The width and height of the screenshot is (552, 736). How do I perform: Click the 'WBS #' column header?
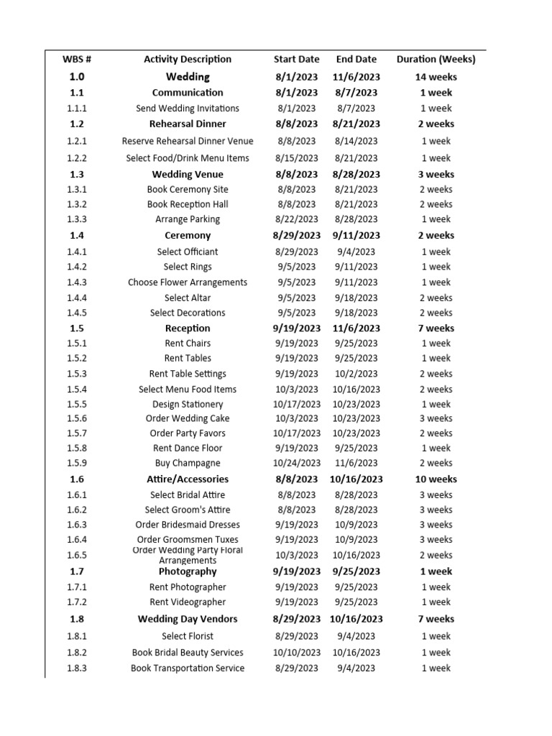pos(77,60)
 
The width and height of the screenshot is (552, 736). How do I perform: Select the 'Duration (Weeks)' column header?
pos(436,60)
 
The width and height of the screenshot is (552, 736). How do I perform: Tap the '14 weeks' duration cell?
pos(436,77)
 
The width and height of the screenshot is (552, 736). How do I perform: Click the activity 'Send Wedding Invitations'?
pos(188,109)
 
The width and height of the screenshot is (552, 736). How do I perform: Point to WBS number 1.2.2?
pos(77,158)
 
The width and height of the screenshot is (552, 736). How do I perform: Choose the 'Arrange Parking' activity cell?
pos(188,219)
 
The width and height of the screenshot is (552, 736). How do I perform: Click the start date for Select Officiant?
pos(297,252)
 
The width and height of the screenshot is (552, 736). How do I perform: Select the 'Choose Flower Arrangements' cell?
pos(188,282)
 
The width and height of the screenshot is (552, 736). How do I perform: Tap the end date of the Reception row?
pos(356,328)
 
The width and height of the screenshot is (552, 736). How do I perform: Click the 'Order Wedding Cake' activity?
pos(188,418)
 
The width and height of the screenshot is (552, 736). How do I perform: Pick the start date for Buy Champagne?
pos(297,464)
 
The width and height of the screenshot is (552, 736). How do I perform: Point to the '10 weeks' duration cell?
pos(436,479)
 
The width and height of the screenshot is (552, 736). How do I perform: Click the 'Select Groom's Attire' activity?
pos(188,510)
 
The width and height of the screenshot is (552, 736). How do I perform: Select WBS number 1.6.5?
pos(77,555)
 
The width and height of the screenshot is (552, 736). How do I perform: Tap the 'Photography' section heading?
pos(188,571)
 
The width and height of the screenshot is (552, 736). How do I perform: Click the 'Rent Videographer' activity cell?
pos(188,602)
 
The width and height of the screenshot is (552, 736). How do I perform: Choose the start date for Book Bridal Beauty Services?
pos(297,653)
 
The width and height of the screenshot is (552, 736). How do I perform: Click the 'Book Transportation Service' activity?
pos(188,668)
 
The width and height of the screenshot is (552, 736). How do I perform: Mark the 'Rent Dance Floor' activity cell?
pos(188,448)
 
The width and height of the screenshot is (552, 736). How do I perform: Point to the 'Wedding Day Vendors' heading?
pos(188,619)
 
